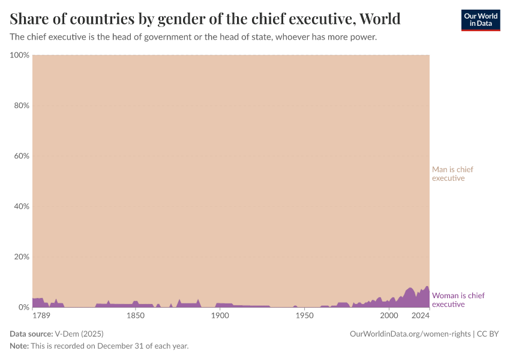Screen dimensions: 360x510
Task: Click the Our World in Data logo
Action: coord(480,20)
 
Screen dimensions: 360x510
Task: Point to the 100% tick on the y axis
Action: coord(20,55)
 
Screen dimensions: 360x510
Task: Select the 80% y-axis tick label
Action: coord(21,106)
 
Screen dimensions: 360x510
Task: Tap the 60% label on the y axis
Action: coord(21,156)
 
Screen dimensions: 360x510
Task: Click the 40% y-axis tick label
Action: coord(21,206)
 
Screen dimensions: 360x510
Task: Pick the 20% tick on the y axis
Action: coord(21,257)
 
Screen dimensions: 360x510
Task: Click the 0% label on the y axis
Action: coord(23,307)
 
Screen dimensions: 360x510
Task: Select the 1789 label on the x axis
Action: coord(41,316)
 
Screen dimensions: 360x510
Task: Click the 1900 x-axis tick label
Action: coord(220,316)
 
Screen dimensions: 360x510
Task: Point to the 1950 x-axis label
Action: coord(305,316)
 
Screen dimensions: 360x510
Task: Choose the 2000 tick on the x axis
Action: coord(389,316)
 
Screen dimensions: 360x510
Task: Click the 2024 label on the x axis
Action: coord(421,316)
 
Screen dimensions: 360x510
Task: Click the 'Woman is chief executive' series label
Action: coord(458,300)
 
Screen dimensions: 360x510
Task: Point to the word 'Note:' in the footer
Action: coord(21,346)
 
